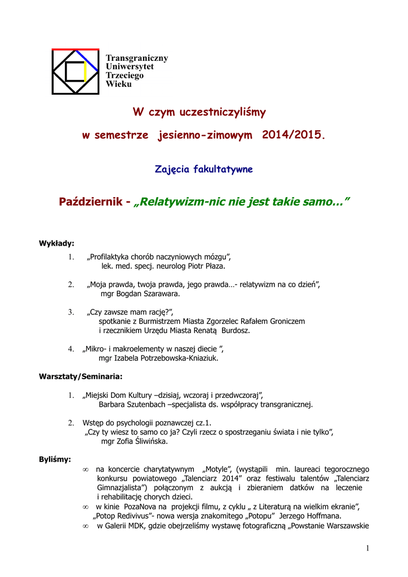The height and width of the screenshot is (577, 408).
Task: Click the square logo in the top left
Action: (75, 71)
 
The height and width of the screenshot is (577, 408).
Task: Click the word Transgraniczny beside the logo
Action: (137, 58)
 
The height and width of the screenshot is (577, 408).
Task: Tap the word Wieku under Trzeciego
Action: (118, 84)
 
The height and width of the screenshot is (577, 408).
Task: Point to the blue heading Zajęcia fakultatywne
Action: (203, 169)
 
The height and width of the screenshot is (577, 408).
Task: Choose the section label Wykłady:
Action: (56, 243)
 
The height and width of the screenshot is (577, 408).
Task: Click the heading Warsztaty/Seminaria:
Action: (80, 376)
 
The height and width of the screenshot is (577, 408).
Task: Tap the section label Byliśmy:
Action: (55, 459)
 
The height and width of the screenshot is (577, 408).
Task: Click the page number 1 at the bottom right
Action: (367, 548)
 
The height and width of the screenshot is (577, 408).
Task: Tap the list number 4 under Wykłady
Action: (71, 349)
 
